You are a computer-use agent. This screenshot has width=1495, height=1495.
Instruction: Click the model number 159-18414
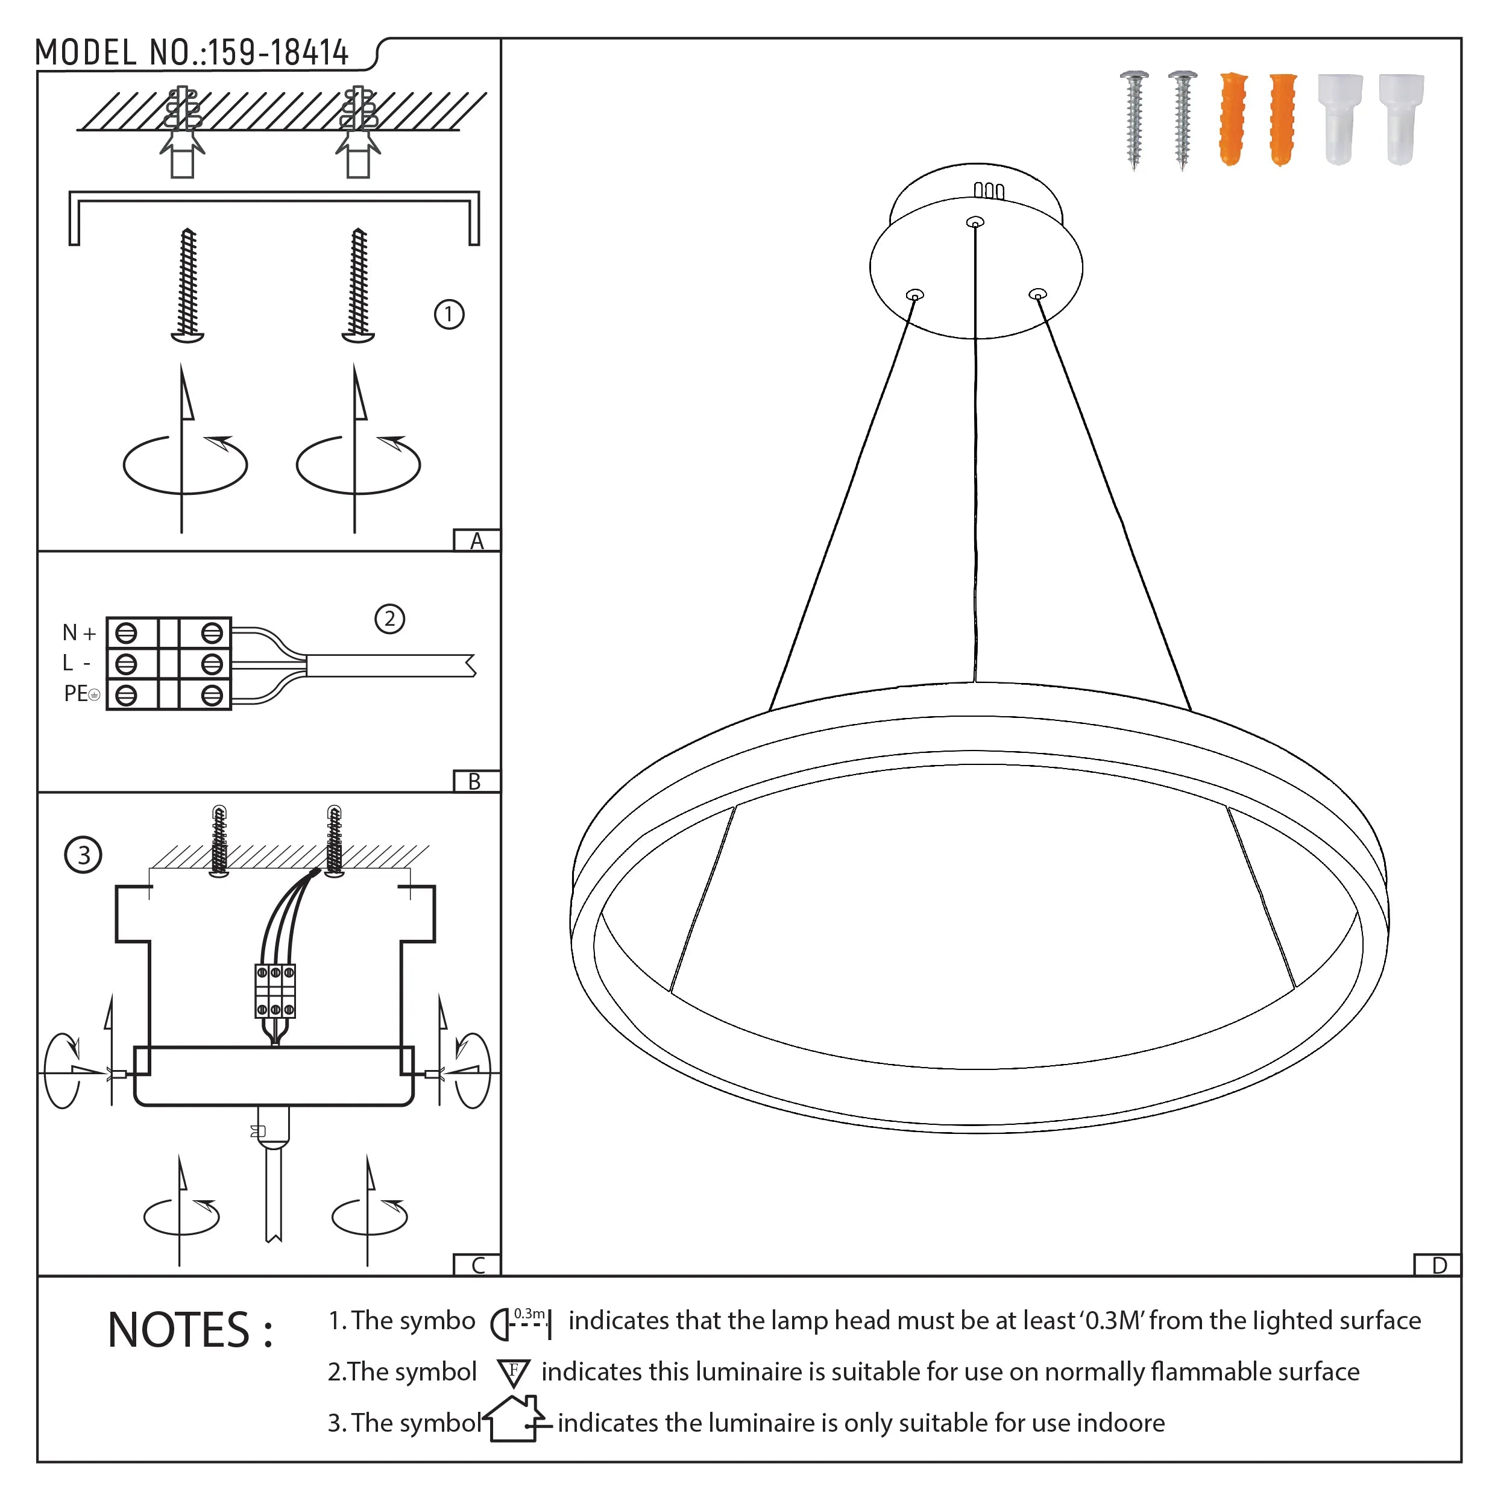click(278, 52)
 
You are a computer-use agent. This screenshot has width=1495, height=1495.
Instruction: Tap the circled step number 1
click(449, 314)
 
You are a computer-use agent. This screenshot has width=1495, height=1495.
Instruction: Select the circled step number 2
click(389, 618)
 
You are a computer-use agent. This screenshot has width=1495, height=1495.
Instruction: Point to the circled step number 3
click(84, 854)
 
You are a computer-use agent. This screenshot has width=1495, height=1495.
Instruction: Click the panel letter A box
click(477, 540)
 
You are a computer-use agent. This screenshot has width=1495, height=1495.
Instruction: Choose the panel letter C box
click(477, 1265)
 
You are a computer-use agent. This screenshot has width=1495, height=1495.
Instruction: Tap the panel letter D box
click(1438, 1265)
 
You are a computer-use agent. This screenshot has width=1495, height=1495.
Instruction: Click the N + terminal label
click(79, 633)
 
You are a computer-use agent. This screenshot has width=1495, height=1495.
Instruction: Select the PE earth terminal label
click(80, 693)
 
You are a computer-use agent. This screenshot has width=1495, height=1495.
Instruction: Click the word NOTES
click(189, 1330)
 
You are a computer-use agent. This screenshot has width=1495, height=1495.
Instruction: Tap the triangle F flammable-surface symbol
click(513, 1373)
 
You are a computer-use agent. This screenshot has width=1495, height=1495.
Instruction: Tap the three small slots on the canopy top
click(988, 190)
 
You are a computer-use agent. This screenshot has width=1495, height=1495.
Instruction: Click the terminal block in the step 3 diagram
click(275, 990)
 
